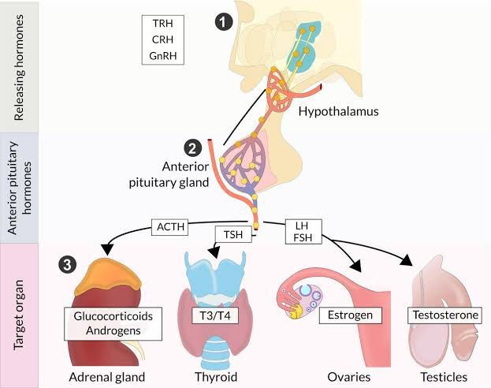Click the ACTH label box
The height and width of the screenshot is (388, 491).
(171, 229)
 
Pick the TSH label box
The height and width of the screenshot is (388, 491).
(232, 236)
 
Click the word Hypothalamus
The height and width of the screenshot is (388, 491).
(339, 112)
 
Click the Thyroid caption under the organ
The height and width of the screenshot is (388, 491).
(215, 375)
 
